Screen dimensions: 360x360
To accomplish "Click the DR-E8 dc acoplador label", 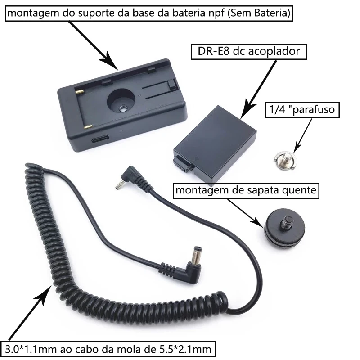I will tap(248, 51).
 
